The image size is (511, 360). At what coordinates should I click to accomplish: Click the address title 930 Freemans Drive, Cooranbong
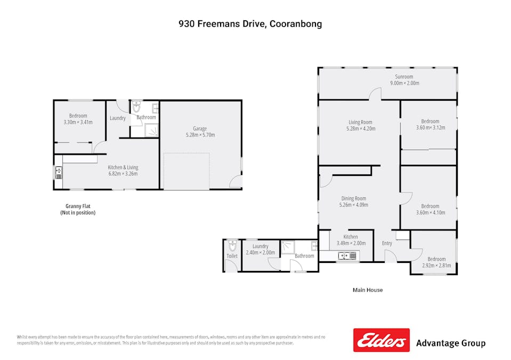250,24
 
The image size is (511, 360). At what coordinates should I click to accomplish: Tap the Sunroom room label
404,77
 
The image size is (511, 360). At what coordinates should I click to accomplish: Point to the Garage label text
200,129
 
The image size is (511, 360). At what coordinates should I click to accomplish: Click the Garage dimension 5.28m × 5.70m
200,135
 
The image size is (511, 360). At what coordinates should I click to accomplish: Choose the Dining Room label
353,198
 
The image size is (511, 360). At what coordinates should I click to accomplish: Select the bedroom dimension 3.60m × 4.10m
430,212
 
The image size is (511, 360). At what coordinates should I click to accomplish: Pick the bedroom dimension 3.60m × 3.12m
430,128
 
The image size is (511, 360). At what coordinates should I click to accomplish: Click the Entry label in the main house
387,244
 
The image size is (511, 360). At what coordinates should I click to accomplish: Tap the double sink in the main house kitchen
348,257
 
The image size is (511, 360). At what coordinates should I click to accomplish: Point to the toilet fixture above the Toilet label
232,246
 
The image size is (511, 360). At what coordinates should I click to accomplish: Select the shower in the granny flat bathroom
152,130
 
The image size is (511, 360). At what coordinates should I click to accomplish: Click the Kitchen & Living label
123,167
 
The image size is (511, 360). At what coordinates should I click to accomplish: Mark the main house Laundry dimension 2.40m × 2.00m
260,253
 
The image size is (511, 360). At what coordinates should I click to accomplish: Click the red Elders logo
382,340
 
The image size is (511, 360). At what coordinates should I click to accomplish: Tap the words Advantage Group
450,343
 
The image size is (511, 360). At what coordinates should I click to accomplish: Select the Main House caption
368,290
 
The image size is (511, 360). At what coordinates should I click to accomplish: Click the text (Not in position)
78,213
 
